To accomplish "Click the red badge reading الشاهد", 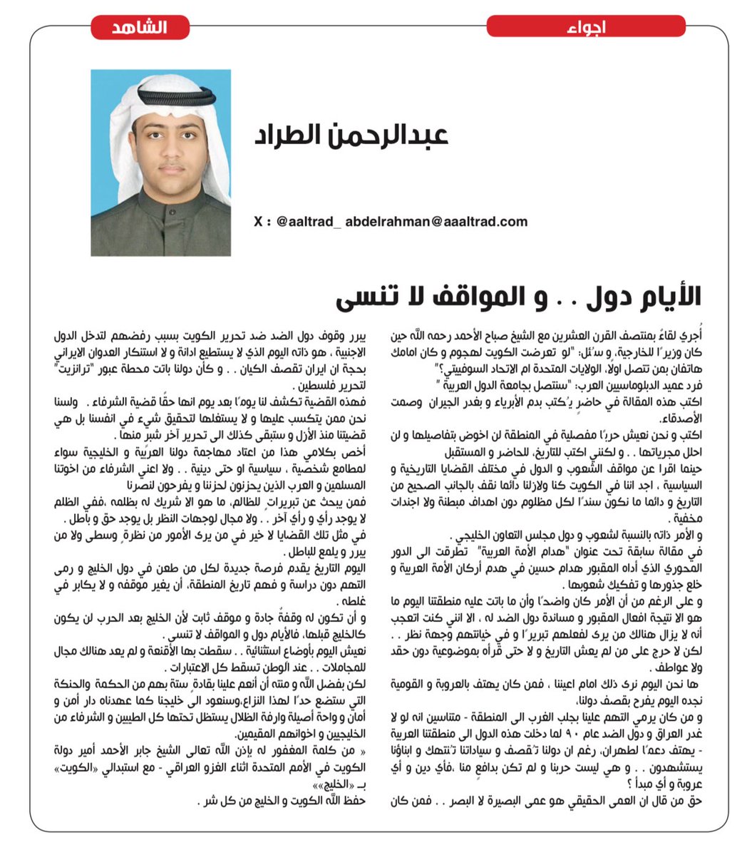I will (140, 28).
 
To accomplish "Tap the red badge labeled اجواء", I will (586, 28).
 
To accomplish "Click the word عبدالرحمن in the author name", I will (391, 135).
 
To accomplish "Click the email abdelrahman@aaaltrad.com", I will (436, 222).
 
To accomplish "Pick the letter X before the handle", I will (257, 222).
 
